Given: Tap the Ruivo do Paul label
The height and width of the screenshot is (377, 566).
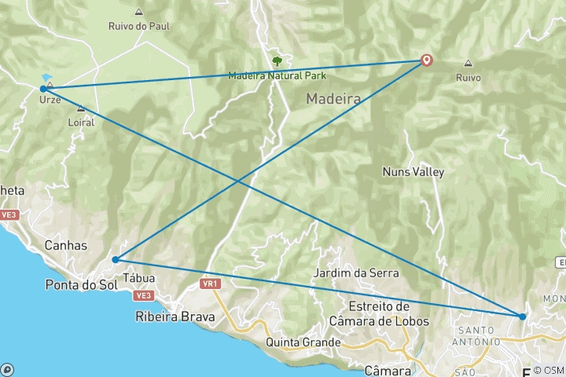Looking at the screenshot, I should pos(139,25).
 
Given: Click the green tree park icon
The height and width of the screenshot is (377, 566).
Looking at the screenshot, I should pos(276,60).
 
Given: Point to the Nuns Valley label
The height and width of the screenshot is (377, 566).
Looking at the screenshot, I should pos(413,172).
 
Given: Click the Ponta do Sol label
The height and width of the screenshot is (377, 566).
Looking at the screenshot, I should pos(81,284).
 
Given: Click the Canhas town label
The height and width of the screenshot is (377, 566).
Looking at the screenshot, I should pos(66,245).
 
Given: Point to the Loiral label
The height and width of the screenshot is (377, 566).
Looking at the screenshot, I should pos(81,123).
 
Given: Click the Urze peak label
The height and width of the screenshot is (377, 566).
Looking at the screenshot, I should pos(50,101).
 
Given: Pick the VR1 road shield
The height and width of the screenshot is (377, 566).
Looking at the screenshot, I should pos(209,283).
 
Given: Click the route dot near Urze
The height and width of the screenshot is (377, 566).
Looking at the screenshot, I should pos(42,89).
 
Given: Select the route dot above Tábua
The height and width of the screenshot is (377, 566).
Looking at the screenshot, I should pos(116,259).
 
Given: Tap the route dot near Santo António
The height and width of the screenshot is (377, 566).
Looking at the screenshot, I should pos(522,317).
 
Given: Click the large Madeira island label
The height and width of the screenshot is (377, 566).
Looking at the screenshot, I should pos(333,100).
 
